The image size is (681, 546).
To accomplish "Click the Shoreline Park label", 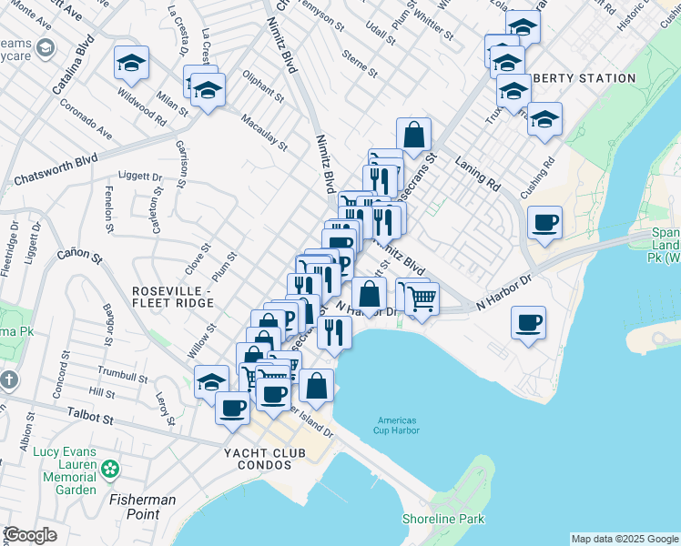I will pyautogui.click(x=443, y=520).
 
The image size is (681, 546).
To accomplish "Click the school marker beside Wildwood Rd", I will pyautogui.click(x=131, y=64).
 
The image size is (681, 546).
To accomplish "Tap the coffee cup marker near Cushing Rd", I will pyautogui.click(x=544, y=223).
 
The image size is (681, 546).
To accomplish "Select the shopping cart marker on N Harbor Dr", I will pyautogui.click(x=421, y=298).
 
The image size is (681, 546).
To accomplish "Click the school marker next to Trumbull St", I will pyautogui.click(x=211, y=381).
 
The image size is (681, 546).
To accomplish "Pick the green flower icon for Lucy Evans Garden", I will pyautogui.click(x=110, y=470).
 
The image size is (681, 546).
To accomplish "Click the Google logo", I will pyautogui.click(x=30, y=535).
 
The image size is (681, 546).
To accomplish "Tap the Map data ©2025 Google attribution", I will pyautogui.click(x=624, y=539).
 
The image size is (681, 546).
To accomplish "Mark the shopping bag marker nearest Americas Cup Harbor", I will pyautogui.click(x=317, y=386).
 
